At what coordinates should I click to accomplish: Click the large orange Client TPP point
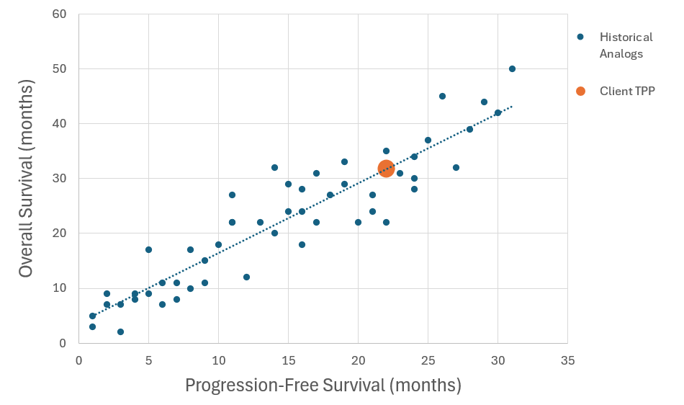(386, 168)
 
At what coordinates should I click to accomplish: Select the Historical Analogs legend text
(626, 45)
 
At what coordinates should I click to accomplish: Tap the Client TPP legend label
(627, 91)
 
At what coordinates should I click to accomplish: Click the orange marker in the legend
(580, 91)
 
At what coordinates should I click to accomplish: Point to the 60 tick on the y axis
(59, 14)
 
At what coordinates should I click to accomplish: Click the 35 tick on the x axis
(567, 360)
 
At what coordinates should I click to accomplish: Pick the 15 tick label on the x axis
(288, 360)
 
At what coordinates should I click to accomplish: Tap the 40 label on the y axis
(59, 123)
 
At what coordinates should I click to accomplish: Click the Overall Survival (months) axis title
(26, 179)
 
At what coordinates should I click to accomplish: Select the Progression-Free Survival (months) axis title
(323, 386)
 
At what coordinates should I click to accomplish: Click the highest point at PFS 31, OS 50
(512, 69)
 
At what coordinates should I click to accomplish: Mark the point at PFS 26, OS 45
(442, 97)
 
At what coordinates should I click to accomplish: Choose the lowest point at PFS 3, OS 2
(120, 332)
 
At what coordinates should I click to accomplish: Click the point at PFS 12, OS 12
(246, 277)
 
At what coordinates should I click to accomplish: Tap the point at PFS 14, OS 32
(274, 168)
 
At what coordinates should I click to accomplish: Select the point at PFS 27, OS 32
(456, 168)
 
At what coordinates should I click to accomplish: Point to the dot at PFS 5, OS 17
(148, 249)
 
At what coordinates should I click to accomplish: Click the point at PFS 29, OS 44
(484, 102)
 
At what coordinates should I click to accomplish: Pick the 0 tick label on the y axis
(63, 343)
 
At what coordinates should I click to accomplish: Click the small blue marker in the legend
(580, 37)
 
